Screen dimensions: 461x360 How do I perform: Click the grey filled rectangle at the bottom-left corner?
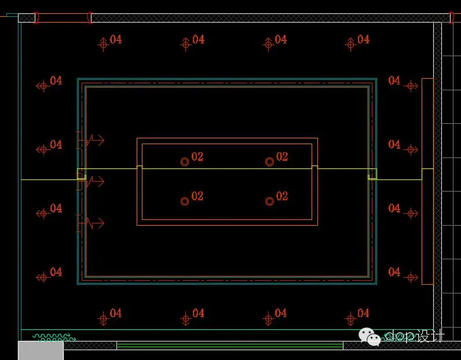pos(41,350)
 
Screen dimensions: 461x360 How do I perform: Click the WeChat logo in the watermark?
pos(371,335)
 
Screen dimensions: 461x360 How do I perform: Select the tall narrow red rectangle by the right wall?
pos(427,181)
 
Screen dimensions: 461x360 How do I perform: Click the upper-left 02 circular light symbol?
pos(185,162)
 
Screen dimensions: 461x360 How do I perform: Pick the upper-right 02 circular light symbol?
pos(269,162)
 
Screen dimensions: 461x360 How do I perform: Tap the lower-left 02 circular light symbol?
pos(185,201)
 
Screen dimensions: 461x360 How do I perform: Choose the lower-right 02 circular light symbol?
pos(269,201)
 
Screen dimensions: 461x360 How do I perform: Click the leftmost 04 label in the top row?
pos(116,39)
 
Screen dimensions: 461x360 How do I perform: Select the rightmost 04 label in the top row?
pos(363,39)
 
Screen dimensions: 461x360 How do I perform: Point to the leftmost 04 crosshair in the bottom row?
pos(103,318)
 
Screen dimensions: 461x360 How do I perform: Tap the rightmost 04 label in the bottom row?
pos(363,313)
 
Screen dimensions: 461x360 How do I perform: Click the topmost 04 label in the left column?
pos(56,80)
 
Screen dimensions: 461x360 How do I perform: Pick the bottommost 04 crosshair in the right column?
pos(411,277)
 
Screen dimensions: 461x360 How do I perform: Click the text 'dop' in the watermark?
pos(401,336)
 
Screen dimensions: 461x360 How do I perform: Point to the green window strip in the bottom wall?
pos(229,346)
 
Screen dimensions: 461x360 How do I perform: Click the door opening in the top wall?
pos(63,18)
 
